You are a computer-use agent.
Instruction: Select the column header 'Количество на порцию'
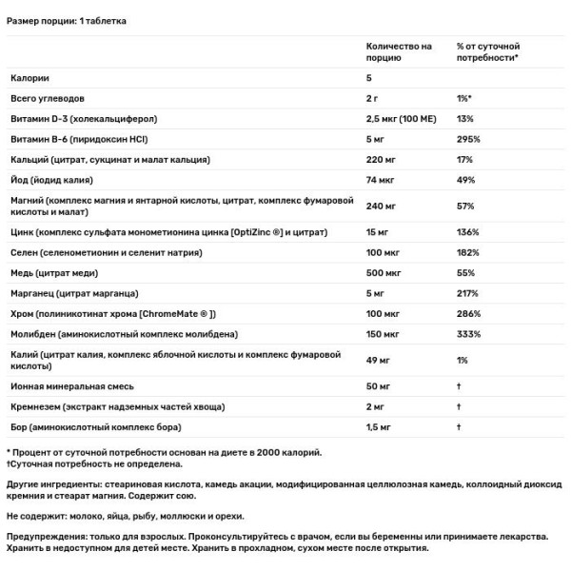pos(399,51)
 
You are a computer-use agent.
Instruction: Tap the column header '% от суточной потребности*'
pos(487,51)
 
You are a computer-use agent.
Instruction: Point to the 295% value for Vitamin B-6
pos(468,138)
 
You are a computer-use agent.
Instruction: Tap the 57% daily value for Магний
pos(464,206)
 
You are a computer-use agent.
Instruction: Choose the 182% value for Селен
pos(468,252)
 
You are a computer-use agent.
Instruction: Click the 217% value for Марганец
pos(467,293)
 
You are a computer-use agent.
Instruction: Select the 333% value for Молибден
pos(468,334)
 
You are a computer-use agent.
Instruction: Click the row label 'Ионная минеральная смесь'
pos(72,387)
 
